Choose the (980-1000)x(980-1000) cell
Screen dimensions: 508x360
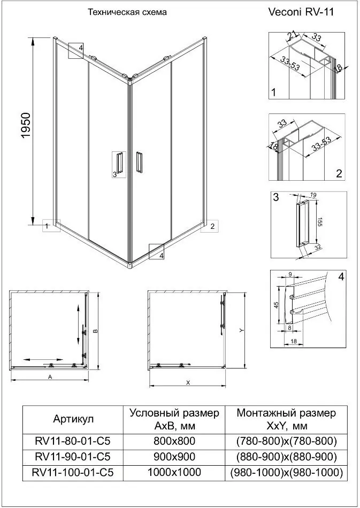click(x=286, y=473)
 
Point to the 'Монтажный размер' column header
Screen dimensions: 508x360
click(x=286, y=413)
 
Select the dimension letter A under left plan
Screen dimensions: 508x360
click(x=50, y=377)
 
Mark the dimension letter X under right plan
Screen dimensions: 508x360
click(x=188, y=382)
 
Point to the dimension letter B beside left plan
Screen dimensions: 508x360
click(x=95, y=331)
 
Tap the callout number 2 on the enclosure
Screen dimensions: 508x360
click(x=212, y=227)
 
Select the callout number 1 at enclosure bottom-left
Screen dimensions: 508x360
click(x=47, y=227)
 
